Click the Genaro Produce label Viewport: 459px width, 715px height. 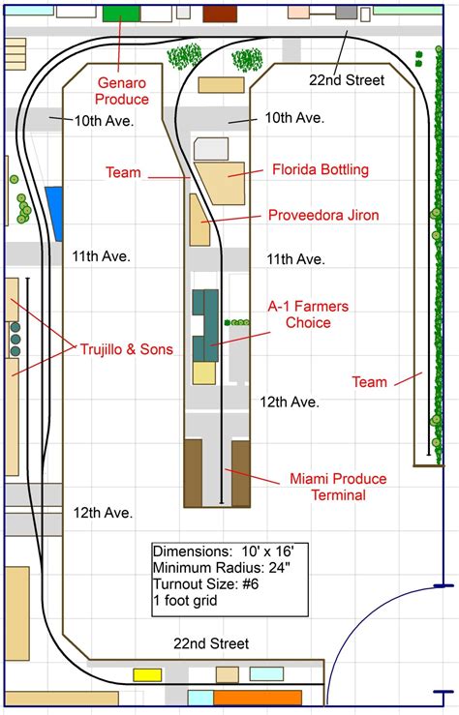pyautogui.click(x=122, y=91)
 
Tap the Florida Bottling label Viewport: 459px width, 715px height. pyautogui.click(x=320, y=170)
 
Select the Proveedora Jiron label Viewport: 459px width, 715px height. pyautogui.click(x=323, y=215)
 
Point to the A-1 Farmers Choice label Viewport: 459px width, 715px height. pyautogui.click(x=308, y=314)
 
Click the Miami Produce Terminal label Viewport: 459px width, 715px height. pyautogui.click(x=337, y=487)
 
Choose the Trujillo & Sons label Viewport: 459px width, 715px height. pyautogui.click(x=127, y=348)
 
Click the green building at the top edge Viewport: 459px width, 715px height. pyautogui.click(x=121, y=13)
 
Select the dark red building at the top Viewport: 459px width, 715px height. pyautogui.click(x=220, y=13)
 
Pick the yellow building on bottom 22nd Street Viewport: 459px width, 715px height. pyautogui.click(x=147, y=674)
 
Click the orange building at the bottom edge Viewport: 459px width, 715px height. pyautogui.click(x=258, y=698)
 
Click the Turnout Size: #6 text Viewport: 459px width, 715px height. pyautogui.click(x=206, y=583)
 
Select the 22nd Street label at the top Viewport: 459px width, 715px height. pyautogui.click(x=346, y=80)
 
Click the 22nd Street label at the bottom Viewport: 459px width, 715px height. pyautogui.click(x=211, y=643)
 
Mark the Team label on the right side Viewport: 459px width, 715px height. pyautogui.click(x=369, y=382)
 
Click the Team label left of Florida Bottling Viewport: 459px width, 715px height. pyautogui.click(x=123, y=173)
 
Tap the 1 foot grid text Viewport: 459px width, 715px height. pyautogui.click(x=184, y=600)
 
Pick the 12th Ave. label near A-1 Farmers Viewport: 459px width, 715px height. pyautogui.click(x=290, y=402)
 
